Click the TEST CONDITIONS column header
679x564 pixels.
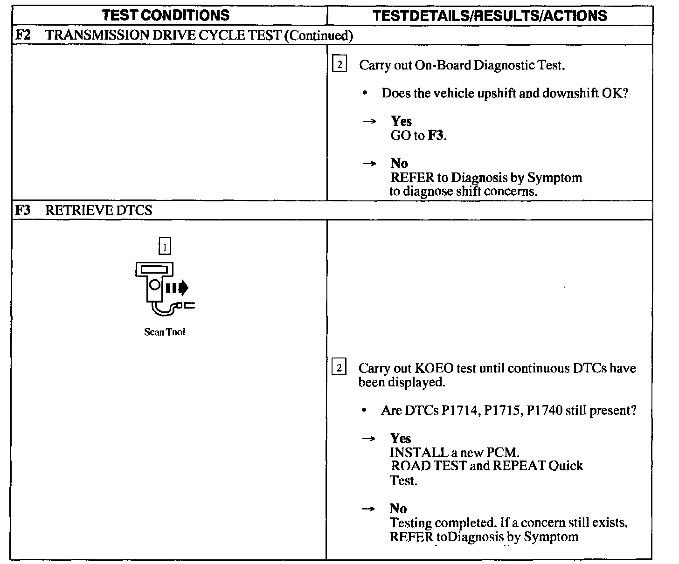click(x=166, y=15)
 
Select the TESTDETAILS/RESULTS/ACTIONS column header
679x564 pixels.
click(x=490, y=15)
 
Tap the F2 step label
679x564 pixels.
click(x=23, y=35)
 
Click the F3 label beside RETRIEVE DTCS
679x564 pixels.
click(x=23, y=210)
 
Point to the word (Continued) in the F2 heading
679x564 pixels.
click(x=318, y=35)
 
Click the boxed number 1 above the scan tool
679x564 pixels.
click(x=165, y=246)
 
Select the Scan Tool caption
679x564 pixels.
click(x=165, y=332)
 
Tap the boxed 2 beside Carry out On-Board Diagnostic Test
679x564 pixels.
click(x=339, y=64)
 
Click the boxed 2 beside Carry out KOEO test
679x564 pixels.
click(x=339, y=368)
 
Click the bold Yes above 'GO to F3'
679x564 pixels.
click(x=401, y=121)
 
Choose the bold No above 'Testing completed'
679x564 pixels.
click(x=398, y=509)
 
